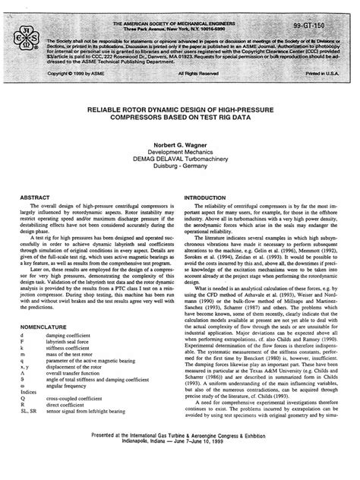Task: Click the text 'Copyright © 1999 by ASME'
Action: click(x=77, y=74)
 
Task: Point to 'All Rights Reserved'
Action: click(x=203, y=74)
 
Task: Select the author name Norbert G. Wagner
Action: click(x=180, y=144)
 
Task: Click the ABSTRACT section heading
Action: click(x=35, y=197)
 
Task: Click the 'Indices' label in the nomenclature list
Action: click(x=30, y=411)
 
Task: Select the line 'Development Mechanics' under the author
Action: click(x=180, y=151)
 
